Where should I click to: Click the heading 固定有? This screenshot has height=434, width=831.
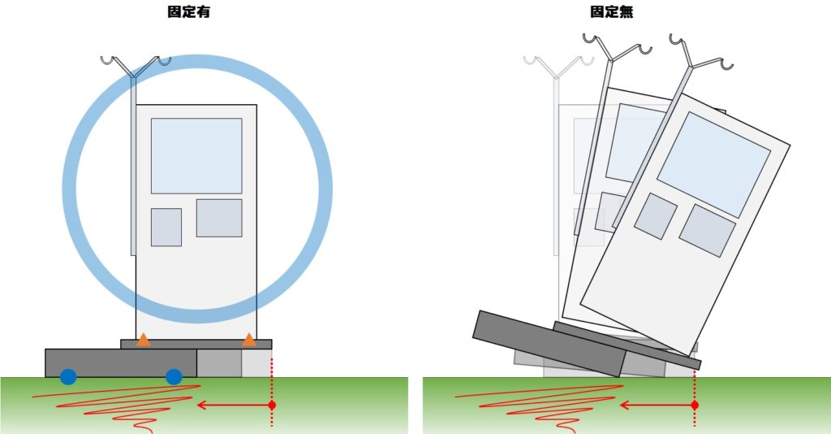pyautogui.click(x=188, y=11)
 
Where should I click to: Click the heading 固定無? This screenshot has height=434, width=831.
pyautogui.click(x=612, y=11)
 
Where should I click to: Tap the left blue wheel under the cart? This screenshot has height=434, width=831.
pyautogui.click(x=68, y=376)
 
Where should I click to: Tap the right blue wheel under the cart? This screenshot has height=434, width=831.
pyautogui.click(x=174, y=376)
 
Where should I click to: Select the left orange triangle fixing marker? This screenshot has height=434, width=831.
pyautogui.click(x=143, y=340)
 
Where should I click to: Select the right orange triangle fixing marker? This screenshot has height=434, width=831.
pyautogui.click(x=249, y=340)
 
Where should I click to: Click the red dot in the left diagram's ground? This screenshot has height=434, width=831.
pyautogui.click(x=272, y=406)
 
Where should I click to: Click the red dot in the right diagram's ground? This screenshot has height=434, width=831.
pyautogui.click(x=695, y=406)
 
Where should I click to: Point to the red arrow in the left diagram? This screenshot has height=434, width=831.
pyautogui.click(x=235, y=406)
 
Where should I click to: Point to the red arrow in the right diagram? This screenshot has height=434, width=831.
pyautogui.click(x=657, y=406)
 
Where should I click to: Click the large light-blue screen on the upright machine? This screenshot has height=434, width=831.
pyautogui.click(x=196, y=156)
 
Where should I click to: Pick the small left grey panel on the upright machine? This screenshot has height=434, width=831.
pyautogui.click(x=166, y=227)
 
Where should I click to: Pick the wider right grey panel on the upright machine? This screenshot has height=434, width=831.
pyautogui.click(x=219, y=218)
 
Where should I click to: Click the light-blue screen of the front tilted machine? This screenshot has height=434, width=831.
pyautogui.click(x=713, y=164)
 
